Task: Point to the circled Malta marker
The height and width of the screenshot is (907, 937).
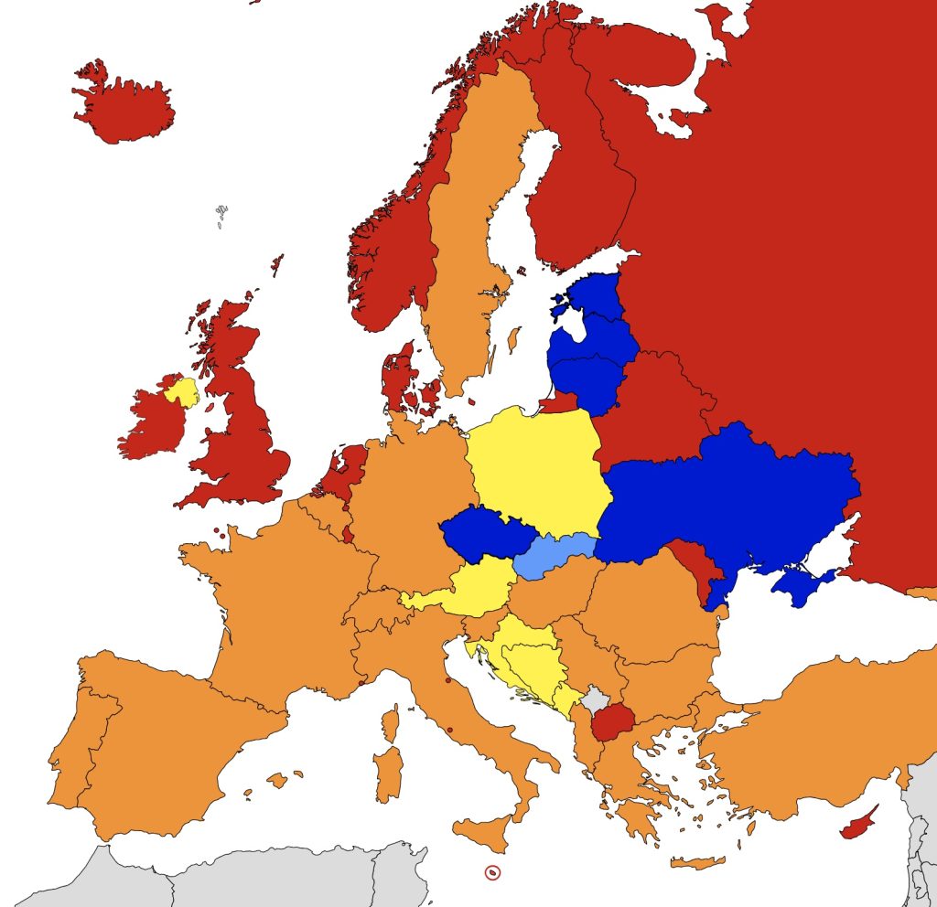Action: pos(492,872)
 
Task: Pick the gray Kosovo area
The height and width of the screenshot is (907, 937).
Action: pos(596,701)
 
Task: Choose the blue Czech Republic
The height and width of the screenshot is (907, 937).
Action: pos(480,536)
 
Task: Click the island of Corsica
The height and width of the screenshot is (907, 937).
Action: pos(391,722)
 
